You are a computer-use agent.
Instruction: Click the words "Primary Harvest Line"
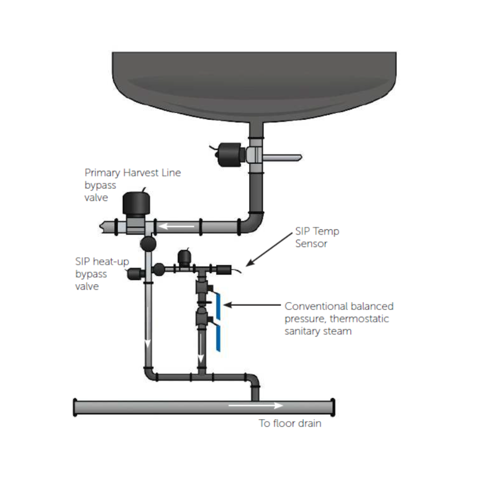point(133,173)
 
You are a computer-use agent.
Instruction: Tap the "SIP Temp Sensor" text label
point(317,237)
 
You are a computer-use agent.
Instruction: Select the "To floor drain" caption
point(290,424)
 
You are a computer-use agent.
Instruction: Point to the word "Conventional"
point(316,306)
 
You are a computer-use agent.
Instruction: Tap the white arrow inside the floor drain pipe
point(255,405)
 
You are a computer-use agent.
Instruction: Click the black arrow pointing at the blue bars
point(251,305)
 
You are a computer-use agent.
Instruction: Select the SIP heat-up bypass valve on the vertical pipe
point(134,274)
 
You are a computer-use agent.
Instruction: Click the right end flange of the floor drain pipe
point(333,407)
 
